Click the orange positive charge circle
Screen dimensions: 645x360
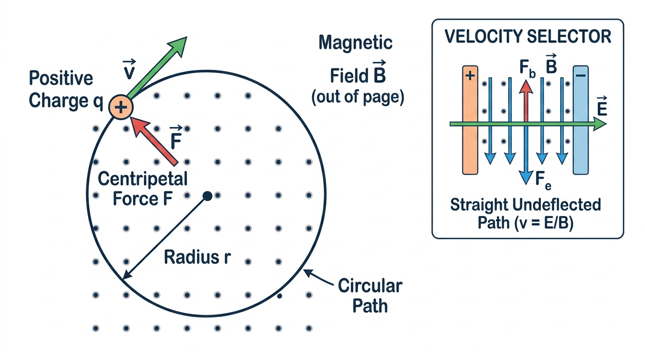pyautogui.click(x=121, y=107)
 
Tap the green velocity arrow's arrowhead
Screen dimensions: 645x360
pyautogui.click(x=178, y=46)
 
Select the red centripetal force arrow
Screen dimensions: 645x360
pyautogui.click(x=154, y=141)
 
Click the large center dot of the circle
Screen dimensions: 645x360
pyautogui.click(x=207, y=196)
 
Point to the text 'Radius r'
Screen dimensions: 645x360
pyautogui.click(x=197, y=257)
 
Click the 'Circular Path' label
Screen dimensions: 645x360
pyautogui.click(x=370, y=295)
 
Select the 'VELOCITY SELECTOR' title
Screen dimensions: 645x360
pyautogui.click(x=528, y=37)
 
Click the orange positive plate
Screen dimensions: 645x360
pyautogui.click(x=470, y=120)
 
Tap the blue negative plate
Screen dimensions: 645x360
pyautogui.click(x=580, y=120)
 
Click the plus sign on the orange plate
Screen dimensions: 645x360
pyautogui.click(x=470, y=76)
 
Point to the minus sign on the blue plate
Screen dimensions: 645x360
pyautogui.click(x=580, y=75)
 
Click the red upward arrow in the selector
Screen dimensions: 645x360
pyautogui.click(x=526, y=101)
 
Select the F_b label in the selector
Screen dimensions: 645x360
pyautogui.click(x=527, y=68)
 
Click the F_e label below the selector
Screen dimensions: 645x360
pyautogui.click(x=543, y=180)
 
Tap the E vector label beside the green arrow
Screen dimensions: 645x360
pyautogui.click(x=602, y=106)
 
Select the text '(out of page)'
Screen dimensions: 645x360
pyautogui.click(x=358, y=97)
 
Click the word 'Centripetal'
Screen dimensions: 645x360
pyautogui.click(x=143, y=179)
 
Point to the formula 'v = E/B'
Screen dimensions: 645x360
pyautogui.click(x=540, y=223)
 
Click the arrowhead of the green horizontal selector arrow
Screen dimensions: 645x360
pyautogui.click(x=600, y=124)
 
